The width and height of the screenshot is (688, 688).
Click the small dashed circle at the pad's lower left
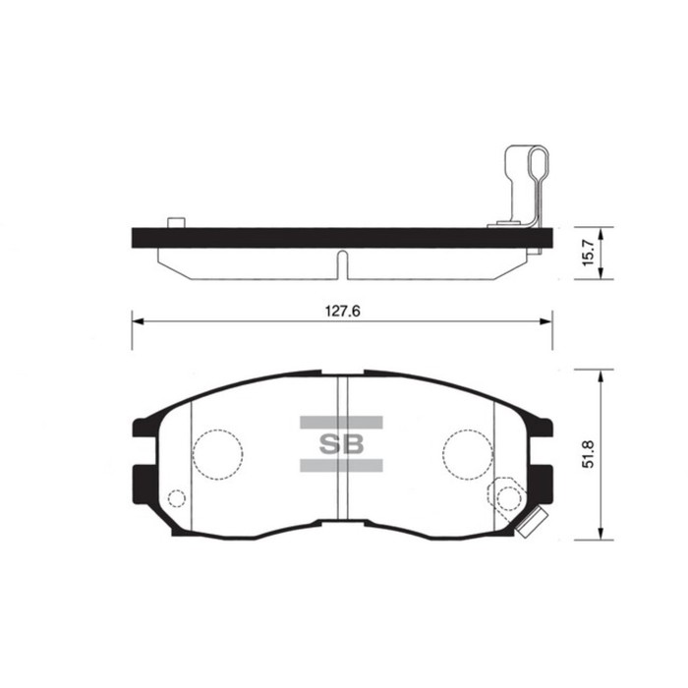pos(177,498)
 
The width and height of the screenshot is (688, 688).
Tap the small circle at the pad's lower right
pos(508,497)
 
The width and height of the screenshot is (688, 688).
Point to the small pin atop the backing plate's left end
pos(177,222)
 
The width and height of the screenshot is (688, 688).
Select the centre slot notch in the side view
pos(341,263)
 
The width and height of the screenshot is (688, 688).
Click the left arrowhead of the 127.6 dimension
pos(138,321)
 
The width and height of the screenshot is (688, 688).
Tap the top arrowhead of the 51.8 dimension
pos(600,374)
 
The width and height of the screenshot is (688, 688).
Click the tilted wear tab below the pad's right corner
pos(532,525)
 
